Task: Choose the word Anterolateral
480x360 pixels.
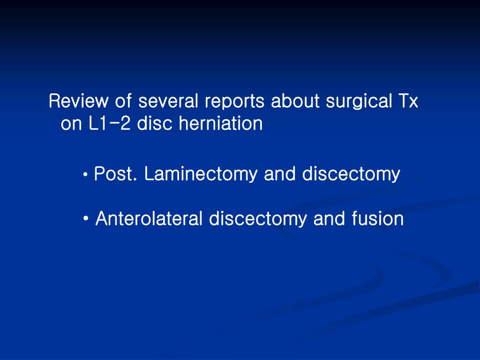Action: click(x=149, y=219)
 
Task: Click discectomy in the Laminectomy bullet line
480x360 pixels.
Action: click(x=351, y=175)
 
